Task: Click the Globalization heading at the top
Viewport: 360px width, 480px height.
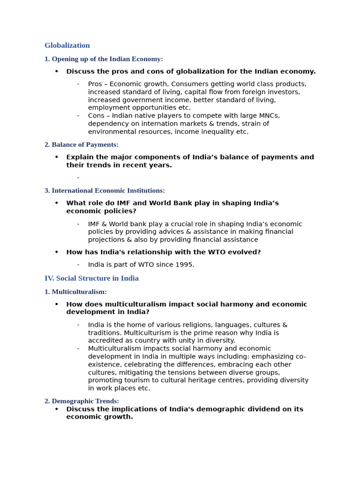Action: click(x=67, y=45)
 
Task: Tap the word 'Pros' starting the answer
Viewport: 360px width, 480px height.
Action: click(x=96, y=84)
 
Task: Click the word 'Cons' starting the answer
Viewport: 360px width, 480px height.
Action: click(x=97, y=116)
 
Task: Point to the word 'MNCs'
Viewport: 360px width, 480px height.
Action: click(x=270, y=116)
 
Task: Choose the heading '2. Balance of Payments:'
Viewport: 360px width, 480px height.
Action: click(x=82, y=145)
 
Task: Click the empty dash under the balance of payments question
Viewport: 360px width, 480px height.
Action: click(x=78, y=178)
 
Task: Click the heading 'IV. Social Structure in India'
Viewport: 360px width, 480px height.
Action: click(x=91, y=278)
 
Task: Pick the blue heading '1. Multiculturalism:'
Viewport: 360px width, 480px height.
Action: click(x=75, y=292)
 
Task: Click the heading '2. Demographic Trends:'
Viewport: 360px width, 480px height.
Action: click(x=82, y=401)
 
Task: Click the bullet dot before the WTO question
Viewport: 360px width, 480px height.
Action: click(x=57, y=252)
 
